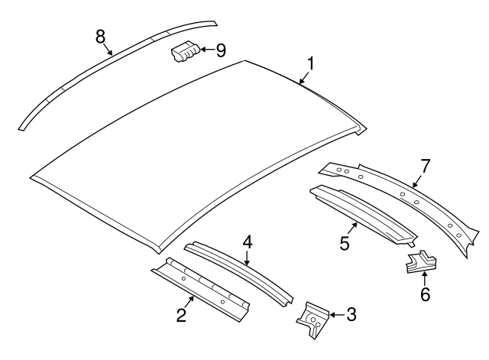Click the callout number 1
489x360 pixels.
point(311,62)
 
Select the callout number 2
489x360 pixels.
point(182,314)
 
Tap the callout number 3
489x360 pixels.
point(351,313)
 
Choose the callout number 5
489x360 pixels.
point(345,243)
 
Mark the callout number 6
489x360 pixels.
point(425,293)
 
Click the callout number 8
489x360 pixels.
point(100,35)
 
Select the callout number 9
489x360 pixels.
point(221,50)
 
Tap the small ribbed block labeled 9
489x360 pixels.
point(184,54)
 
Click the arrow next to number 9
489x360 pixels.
point(206,50)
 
